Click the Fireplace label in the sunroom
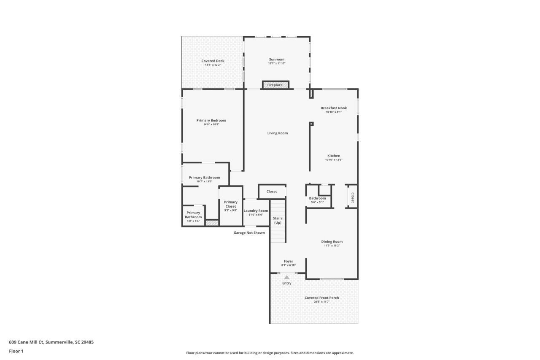[x=275, y=85]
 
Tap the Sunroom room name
[x=277, y=60]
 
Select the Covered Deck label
[x=213, y=61]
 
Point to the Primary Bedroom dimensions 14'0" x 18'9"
[x=211, y=125]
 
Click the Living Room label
[x=277, y=133]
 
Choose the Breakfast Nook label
[x=333, y=108]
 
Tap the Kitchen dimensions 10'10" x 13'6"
[x=333, y=160]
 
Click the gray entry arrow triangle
[x=287, y=277]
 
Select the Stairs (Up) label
[x=278, y=220]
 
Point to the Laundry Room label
[x=256, y=211]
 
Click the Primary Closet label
[x=231, y=204]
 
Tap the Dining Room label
[x=332, y=242]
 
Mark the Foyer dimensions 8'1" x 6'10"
[x=289, y=265]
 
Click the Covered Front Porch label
[x=321, y=298]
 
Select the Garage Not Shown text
[x=249, y=233]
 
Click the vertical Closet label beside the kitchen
[x=352, y=198]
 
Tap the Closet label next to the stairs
[x=272, y=192]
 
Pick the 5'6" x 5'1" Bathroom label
[x=317, y=198]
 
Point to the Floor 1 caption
[x=16, y=351]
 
